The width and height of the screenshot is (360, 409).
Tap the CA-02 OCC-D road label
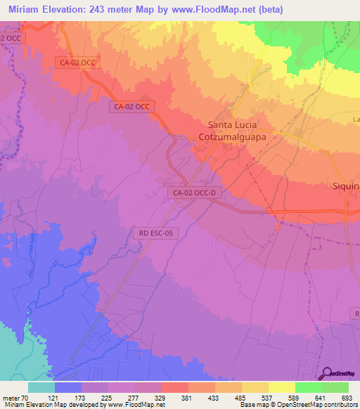pyautogui.click(x=193, y=192)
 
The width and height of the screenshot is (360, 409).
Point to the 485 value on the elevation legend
pyautogui.click(x=229, y=397)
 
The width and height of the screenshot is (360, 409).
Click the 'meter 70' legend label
pyautogui.click(x=15, y=397)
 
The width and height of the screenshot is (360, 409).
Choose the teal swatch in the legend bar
pyautogui.click(x=41, y=387)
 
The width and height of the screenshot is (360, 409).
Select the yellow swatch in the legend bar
pyautogui.click(x=282, y=387)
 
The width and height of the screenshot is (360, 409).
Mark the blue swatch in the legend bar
pyautogui.click(x=68, y=387)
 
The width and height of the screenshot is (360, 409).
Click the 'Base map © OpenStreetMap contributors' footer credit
pyautogui.click(x=299, y=405)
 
